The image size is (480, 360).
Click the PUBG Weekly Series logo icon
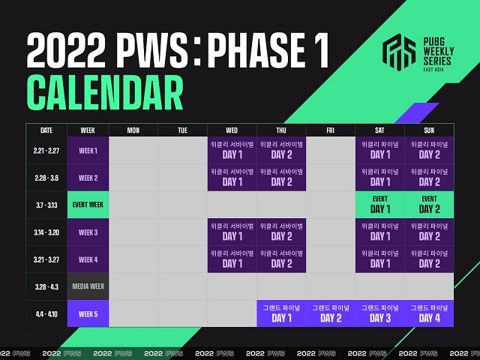tap(400, 52)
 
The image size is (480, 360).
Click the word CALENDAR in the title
tap(105, 94)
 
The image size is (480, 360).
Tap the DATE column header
tap(46, 130)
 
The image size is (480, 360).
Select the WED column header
tap(232, 130)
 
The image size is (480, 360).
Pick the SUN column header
tap(429, 130)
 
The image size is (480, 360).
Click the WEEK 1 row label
tap(88, 150)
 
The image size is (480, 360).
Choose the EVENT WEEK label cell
tap(88, 205)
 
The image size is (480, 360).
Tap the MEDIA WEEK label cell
tap(88, 286)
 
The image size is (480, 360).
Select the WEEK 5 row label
tap(88, 313)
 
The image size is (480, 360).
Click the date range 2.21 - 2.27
tap(46, 150)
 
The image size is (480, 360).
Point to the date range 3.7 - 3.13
tap(46, 205)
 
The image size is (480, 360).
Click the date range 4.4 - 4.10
tap(46, 313)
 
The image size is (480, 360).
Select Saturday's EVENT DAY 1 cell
tap(379, 205)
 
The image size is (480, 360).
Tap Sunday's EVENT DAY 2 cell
tap(429, 205)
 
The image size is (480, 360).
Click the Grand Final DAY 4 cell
tap(429, 313)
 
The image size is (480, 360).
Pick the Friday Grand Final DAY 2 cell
tap(331, 313)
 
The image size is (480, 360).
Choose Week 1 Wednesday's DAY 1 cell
tap(232, 150)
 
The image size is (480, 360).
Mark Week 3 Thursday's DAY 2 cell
tap(281, 232)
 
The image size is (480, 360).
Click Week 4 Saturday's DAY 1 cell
tap(379, 259)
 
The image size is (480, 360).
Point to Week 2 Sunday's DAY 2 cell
tap(429, 178)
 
